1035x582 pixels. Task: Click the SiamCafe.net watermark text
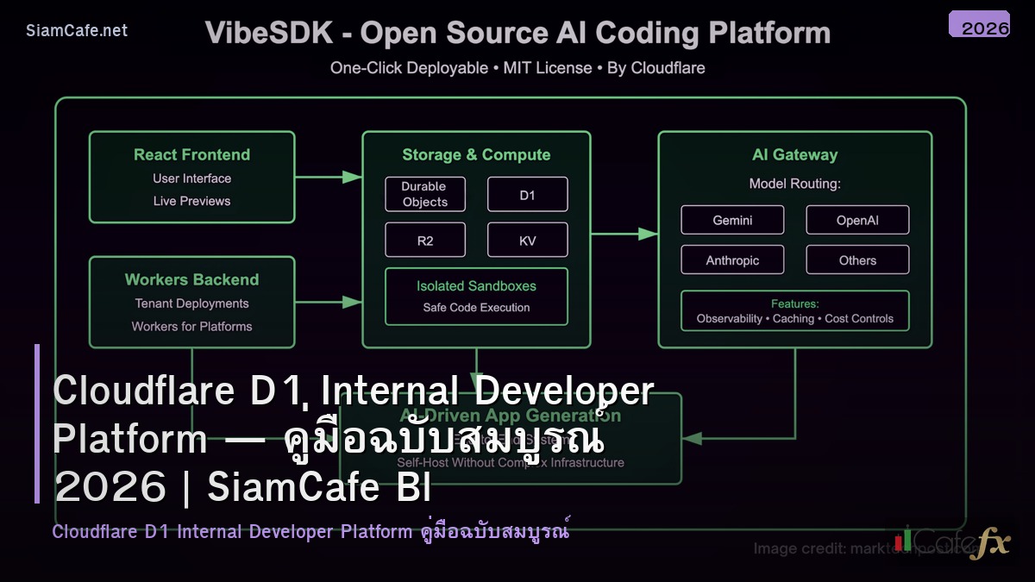pyautogui.click(x=77, y=30)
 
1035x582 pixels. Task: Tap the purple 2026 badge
pyautogui.click(x=979, y=25)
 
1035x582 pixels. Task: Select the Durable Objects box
pyautogui.click(x=424, y=194)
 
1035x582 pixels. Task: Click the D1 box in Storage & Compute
pyautogui.click(x=527, y=195)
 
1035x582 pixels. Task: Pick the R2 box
pyautogui.click(x=424, y=241)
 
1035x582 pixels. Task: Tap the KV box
pyautogui.click(x=527, y=241)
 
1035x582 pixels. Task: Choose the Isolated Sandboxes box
pyautogui.click(x=476, y=296)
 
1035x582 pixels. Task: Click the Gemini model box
pyautogui.click(x=732, y=220)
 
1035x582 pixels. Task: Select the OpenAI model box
pyautogui.click(x=857, y=220)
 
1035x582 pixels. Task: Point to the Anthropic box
pyautogui.click(x=732, y=260)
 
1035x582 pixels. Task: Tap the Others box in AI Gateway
pyautogui.click(x=857, y=260)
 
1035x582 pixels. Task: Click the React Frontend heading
pyautogui.click(x=191, y=155)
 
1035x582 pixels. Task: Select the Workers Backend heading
pyautogui.click(x=191, y=279)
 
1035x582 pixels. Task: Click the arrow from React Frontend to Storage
pyautogui.click(x=328, y=177)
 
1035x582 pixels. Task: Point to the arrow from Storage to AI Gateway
pyautogui.click(x=624, y=234)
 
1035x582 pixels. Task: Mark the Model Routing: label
pyautogui.click(x=794, y=184)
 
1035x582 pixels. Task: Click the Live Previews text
pyautogui.click(x=191, y=201)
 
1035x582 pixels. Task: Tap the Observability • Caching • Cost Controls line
pyautogui.click(x=794, y=318)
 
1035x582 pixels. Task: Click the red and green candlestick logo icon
pyautogui.click(x=902, y=539)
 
